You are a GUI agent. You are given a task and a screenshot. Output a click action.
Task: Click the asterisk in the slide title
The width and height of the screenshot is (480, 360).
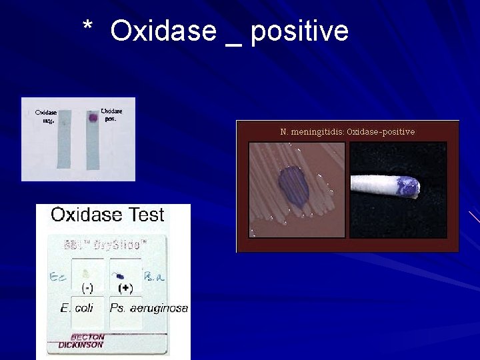87,27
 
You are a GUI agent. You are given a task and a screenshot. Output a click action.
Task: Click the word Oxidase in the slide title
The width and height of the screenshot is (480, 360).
163,31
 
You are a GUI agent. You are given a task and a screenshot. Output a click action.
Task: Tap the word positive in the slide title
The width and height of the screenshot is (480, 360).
299,31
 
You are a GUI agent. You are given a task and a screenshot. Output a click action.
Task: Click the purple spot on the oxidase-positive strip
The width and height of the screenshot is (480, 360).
93,118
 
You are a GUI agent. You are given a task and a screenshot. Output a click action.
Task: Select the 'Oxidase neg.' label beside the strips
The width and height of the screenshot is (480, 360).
45,116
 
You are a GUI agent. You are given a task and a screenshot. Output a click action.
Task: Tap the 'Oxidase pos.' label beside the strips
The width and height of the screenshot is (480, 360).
111,114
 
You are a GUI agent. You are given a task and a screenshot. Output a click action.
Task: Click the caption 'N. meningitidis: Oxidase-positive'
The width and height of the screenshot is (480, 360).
347,131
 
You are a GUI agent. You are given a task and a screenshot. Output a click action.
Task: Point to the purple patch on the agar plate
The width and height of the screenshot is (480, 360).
293,185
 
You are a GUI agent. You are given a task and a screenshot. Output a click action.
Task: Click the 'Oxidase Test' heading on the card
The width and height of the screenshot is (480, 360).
107,215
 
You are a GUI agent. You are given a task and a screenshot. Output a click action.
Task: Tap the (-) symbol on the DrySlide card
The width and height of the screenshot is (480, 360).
87,289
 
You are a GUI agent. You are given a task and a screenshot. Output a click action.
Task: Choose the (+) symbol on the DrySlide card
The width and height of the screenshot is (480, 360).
125,289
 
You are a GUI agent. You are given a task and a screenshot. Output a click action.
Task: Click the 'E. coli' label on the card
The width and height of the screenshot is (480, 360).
77,308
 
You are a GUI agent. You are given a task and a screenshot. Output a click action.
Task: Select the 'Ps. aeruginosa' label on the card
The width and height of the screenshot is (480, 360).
149,308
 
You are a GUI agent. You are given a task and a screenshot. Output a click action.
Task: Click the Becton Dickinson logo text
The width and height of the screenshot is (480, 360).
81,341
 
